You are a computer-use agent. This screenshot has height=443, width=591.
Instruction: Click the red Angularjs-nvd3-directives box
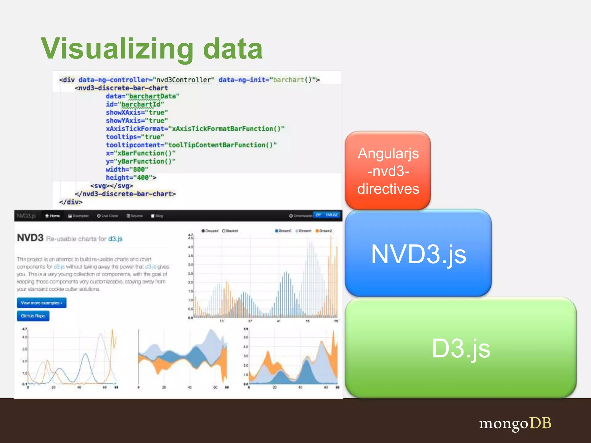[x=388, y=171]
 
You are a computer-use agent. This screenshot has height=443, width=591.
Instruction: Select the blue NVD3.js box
[x=418, y=253]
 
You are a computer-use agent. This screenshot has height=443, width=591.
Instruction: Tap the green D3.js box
[x=461, y=348]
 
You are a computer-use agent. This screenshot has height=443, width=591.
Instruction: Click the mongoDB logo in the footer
[x=515, y=423]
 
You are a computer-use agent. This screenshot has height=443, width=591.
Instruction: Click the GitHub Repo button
[x=33, y=316]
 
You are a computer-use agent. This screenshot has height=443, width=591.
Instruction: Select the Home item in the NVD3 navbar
[x=53, y=216]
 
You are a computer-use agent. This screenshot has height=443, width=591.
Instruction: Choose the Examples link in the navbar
[x=78, y=216]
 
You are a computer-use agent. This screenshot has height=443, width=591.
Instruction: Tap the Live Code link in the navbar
[x=108, y=216]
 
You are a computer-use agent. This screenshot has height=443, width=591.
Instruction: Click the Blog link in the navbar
[x=157, y=216]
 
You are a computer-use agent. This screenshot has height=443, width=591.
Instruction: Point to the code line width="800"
[x=127, y=169]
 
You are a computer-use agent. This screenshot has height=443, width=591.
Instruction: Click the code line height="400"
[x=131, y=177]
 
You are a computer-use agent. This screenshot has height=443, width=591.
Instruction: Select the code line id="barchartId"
[x=135, y=104]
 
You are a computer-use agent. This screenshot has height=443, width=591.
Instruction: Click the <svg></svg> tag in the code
[x=111, y=186]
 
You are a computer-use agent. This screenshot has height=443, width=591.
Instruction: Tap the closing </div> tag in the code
[x=71, y=202]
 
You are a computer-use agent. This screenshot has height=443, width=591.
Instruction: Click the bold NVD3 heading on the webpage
[x=30, y=238]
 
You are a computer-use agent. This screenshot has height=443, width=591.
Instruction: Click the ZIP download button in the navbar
[x=318, y=215]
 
